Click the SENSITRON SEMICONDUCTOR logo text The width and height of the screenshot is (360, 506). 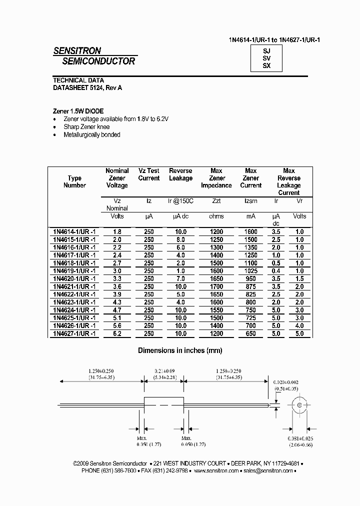point(94,56)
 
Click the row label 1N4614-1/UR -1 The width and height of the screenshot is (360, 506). point(74,232)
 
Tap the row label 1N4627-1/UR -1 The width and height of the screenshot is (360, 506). point(74,333)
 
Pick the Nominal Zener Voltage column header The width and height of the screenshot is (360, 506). point(117,178)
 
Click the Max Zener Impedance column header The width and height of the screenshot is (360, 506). point(216,178)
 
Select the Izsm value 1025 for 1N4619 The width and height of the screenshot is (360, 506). point(250,270)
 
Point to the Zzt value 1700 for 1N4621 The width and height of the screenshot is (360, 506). point(216,286)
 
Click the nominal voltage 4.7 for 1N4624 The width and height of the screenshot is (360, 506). point(117,310)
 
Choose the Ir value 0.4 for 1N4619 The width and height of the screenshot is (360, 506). point(275,270)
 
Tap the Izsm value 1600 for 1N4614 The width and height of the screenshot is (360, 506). point(250,232)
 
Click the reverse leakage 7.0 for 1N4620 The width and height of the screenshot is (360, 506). point(180,278)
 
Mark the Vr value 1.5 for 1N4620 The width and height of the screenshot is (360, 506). point(299,278)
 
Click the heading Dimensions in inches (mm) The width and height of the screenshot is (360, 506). point(180,351)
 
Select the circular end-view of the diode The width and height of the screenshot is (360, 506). point(300,405)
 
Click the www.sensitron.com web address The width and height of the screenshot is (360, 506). point(215,470)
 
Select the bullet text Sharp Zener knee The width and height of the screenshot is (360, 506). point(87,127)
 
